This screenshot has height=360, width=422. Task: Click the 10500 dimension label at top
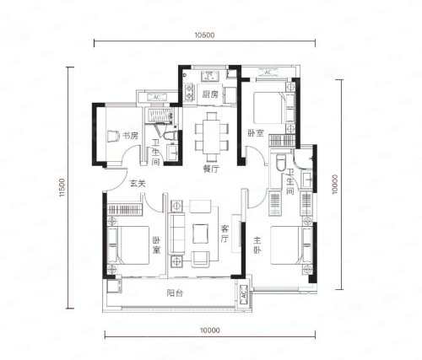click(x=204, y=35)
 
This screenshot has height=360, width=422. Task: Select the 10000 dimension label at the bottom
click(x=210, y=330)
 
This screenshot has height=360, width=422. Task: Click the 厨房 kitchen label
click(x=210, y=94)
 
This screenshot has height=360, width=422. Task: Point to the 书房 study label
click(x=131, y=136)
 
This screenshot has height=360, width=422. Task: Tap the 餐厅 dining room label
click(x=211, y=169)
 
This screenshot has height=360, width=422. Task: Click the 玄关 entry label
click(x=138, y=184)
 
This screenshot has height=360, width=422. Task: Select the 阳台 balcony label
click(x=175, y=293)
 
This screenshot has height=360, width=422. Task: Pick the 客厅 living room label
click(x=225, y=233)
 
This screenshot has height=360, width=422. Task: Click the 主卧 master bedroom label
click(x=257, y=245)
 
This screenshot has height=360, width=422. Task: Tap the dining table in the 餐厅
click(x=212, y=137)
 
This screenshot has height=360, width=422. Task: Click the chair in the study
click(x=113, y=137)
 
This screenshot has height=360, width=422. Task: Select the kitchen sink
click(x=210, y=76)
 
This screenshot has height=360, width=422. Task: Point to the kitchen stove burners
click(x=189, y=93)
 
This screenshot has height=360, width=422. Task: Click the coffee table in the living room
click(x=201, y=234)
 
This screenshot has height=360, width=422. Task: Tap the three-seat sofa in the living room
click(x=176, y=234)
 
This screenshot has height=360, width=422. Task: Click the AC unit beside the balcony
click(x=243, y=295)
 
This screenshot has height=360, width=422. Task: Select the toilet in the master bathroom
click(x=281, y=163)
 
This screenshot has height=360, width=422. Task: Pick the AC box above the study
click(x=157, y=98)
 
